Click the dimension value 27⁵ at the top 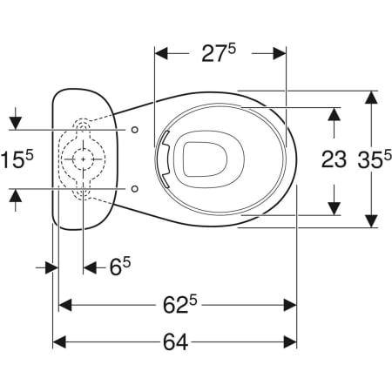[219, 53]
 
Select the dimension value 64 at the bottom [175, 341]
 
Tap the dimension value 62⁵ [179, 305]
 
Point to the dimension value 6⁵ [120, 267]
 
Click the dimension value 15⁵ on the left [17, 159]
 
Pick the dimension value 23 [334, 159]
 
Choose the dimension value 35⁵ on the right [375, 159]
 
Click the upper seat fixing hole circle [135, 130]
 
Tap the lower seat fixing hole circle [135, 189]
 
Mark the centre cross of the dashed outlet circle [84, 159]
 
